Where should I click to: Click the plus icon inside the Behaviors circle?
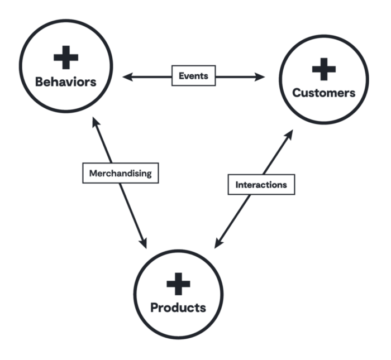(66, 58)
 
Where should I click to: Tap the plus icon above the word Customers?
(324, 70)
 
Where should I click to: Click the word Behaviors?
(66, 81)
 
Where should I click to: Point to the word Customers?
(324, 93)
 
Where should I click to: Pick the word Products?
(178, 308)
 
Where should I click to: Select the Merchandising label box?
(120, 173)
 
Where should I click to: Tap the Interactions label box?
(261, 184)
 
